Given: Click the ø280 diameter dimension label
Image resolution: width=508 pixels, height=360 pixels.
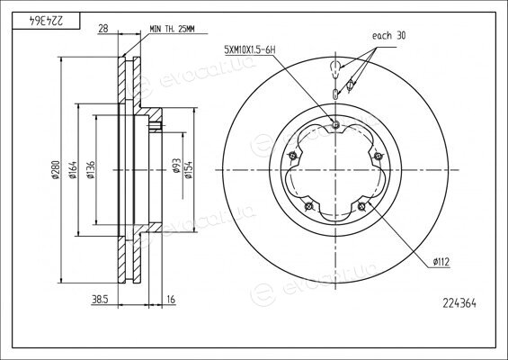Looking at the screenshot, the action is tap(55, 169).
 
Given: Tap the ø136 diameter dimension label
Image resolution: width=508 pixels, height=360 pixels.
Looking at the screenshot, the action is tap(91, 169).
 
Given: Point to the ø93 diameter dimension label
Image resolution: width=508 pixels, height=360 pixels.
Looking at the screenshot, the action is tap(176, 166).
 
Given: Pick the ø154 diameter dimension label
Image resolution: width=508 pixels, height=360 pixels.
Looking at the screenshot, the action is tap(189, 169).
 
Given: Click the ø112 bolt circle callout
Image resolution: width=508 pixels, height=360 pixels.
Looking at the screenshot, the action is tap(441, 261).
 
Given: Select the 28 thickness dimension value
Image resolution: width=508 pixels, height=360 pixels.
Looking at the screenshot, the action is tap(103, 29).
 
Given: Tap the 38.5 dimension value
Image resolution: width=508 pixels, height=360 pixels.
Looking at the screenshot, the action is tap(100, 300).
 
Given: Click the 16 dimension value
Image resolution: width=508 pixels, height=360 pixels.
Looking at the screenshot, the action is tap(171, 300).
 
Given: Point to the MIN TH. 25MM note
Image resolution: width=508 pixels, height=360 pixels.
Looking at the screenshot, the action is tap(172, 29).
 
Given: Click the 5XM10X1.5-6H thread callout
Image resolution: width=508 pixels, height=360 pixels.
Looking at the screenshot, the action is tap(250, 50).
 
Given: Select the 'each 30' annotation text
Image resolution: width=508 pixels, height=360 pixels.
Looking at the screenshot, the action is tap(388, 35).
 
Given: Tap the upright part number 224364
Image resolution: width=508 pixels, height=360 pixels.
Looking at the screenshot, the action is tap(459, 303).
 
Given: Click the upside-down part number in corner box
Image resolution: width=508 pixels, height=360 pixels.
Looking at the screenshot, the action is tap(47, 21).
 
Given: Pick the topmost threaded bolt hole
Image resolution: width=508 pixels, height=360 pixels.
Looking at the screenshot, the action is tap(335, 124).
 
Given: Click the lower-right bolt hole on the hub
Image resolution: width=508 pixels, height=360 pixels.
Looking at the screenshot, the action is tap(361, 205).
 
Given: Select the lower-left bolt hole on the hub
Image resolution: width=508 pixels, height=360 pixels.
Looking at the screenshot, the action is tap(309, 205).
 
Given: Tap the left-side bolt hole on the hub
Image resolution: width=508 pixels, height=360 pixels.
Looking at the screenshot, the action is tap(293, 156).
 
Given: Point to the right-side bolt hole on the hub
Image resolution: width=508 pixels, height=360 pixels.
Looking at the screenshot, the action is tap(378, 156).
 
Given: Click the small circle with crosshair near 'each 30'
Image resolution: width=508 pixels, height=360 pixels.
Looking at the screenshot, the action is tap(350, 85).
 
